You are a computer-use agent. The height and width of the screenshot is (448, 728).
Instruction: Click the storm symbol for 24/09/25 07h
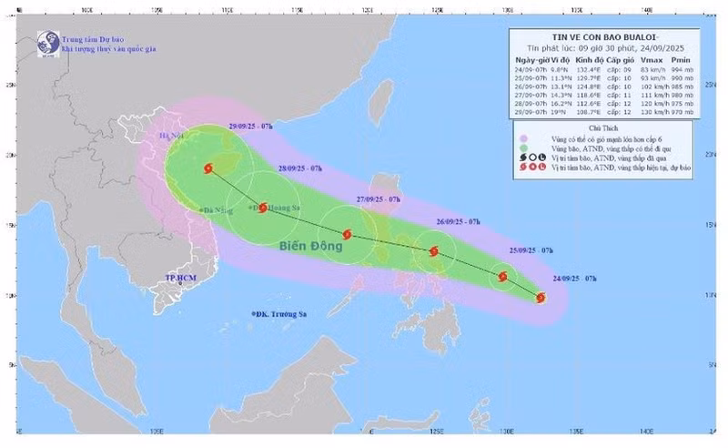point(541,298)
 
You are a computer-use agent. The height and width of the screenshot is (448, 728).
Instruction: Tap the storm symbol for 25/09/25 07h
point(502,276)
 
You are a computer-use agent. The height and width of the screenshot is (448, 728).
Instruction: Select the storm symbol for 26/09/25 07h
point(434,251)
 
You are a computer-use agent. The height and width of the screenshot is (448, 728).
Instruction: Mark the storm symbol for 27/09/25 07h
point(347,234)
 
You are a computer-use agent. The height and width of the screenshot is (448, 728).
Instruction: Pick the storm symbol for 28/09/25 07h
point(263,208)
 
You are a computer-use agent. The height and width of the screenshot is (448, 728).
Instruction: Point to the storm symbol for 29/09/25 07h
point(210,168)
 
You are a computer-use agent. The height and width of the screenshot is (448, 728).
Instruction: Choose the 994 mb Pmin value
point(682,68)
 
